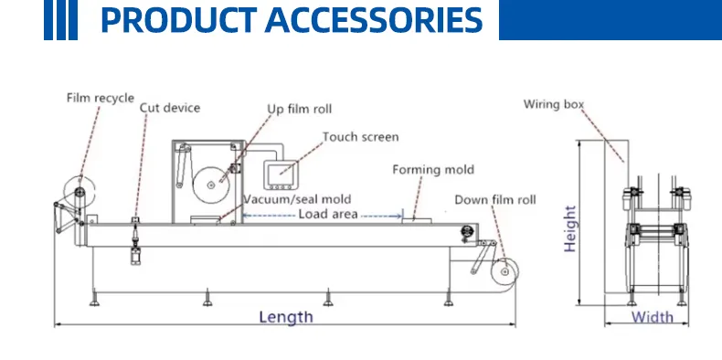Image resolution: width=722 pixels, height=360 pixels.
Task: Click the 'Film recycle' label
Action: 101,98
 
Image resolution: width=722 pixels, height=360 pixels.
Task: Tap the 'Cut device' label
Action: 170,108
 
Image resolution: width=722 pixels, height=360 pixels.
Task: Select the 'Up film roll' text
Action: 299,109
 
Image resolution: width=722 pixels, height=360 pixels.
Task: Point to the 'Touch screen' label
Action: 360,137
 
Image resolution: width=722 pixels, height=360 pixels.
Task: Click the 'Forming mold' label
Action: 433,170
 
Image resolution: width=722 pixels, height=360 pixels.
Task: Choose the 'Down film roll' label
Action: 495,200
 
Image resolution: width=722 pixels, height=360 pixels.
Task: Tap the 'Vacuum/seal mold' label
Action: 297,199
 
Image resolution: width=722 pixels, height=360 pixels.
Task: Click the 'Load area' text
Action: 328,214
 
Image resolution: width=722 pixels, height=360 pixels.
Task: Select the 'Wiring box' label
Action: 554,104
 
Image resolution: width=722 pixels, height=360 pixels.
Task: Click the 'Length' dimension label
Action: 286,317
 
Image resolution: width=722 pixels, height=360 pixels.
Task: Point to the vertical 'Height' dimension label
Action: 570,228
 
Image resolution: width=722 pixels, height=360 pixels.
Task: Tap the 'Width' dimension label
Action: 652,317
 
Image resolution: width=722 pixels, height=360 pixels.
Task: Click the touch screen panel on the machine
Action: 280,175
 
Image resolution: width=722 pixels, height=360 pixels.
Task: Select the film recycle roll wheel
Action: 80,192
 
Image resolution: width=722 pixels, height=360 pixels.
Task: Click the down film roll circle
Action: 504,272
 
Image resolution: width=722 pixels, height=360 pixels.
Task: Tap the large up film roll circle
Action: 211,185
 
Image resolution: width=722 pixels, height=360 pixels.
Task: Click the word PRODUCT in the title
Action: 178,20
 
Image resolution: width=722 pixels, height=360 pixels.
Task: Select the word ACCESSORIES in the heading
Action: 374,20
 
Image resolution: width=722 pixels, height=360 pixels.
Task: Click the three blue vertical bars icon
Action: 61,20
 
